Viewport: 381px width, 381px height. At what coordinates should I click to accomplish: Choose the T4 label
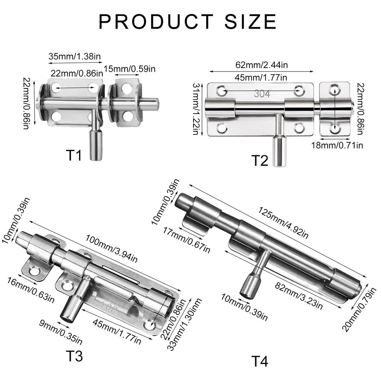pyautogui.click(x=259, y=361)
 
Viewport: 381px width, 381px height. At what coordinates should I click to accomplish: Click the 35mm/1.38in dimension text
pyautogui.click(x=75, y=57)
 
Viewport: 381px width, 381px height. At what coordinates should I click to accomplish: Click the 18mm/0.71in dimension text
pyautogui.click(x=337, y=145)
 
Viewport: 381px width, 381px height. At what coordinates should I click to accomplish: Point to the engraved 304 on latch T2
pyautogui.click(x=262, y=94)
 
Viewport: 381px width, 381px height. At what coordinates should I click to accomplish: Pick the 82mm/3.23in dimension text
pyautogui.click(x=299, y=296)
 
